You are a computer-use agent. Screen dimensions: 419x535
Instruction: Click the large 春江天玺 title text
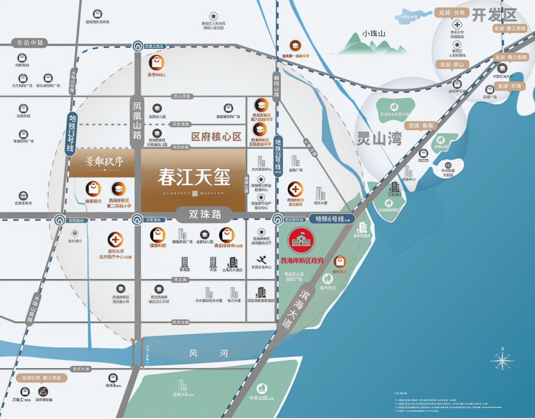(193, 178)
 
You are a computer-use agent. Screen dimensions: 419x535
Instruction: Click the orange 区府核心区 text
(216, 137)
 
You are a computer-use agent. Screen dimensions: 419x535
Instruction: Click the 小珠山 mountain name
(373, 34)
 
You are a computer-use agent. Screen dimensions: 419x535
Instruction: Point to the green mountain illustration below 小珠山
(372, 46)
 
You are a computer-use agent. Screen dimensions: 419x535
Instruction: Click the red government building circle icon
(301, 240)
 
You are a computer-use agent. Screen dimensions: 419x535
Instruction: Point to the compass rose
(502, 360)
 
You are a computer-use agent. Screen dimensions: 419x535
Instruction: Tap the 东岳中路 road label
(30, 43)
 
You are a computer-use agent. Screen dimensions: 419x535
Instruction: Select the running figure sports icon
(262, 260)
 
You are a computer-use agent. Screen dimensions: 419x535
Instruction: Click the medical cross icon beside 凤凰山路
(115, 239)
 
